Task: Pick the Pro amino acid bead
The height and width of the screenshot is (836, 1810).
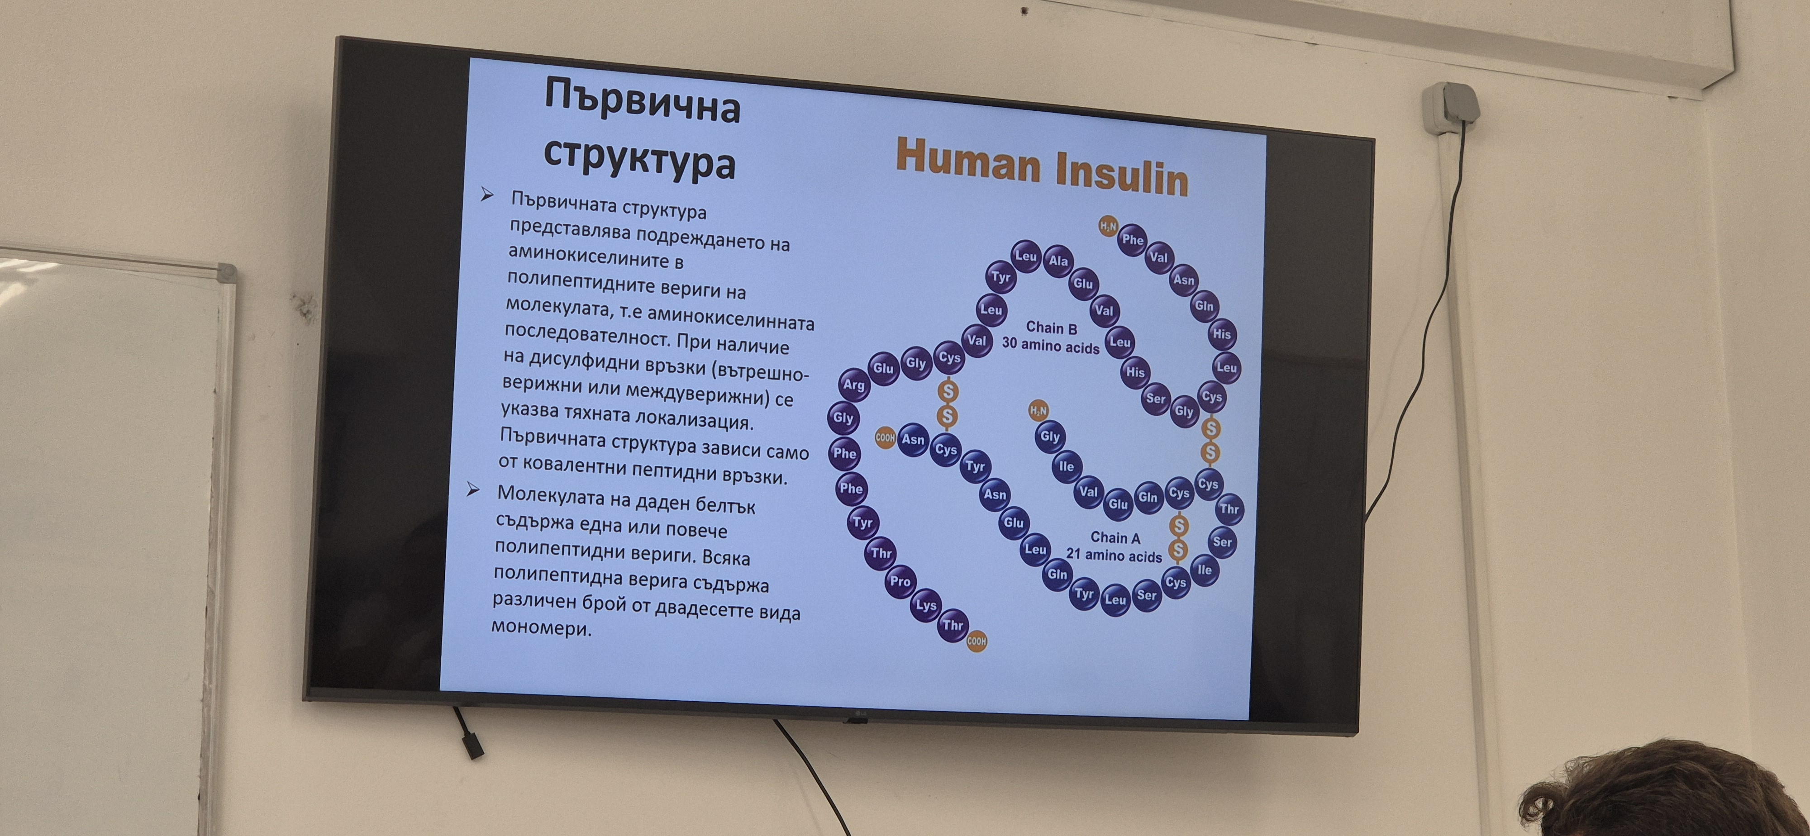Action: click(x=900, y=582)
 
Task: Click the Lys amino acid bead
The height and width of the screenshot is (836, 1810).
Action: click(x=926, y=606)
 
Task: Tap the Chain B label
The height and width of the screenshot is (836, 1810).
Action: click(x=1051, y=328)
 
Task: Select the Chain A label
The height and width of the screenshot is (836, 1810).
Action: click(x=1115, y=537)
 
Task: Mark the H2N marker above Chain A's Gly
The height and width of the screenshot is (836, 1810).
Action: click(x=1038, y=410)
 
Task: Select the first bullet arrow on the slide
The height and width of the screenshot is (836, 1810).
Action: click(x=487, y=195)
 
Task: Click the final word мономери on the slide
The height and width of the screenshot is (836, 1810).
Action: click(x=541, y=627)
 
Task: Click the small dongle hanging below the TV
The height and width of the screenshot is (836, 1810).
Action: click(x=473, y=744)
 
